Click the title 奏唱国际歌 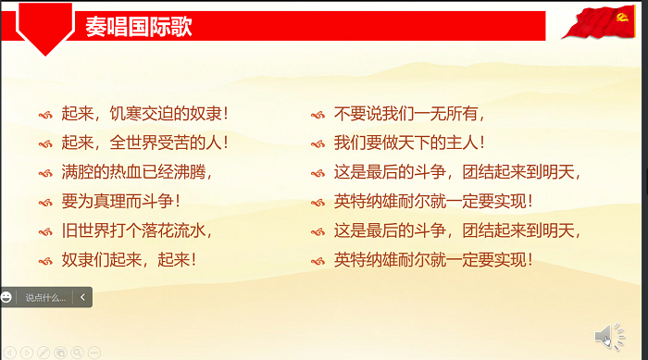[138, 25]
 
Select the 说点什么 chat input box [45, 297]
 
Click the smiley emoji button [6, 297]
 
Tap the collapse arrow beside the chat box [83, 297]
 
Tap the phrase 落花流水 [173, 230]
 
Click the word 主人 [461, 143]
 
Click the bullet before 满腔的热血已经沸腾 [44, 173]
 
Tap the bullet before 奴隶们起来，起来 [44, 260]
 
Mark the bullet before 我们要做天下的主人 [317, 144]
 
